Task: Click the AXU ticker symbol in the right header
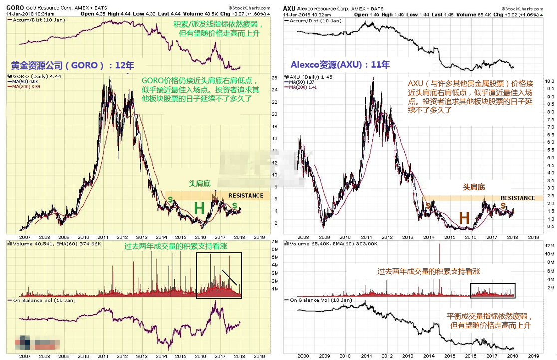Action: point(289,8)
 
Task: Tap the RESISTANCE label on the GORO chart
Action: point(246,195)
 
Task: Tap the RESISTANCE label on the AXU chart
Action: point(517,198)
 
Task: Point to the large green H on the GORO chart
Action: point(199,209)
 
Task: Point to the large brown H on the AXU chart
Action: point(464,218)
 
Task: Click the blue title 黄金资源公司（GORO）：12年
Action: point(73,65)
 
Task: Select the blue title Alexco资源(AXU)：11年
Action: point(340,65)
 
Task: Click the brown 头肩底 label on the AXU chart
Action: point(474,187)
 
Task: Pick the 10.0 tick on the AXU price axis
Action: point(549,80)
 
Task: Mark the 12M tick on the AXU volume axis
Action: point(549,246)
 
